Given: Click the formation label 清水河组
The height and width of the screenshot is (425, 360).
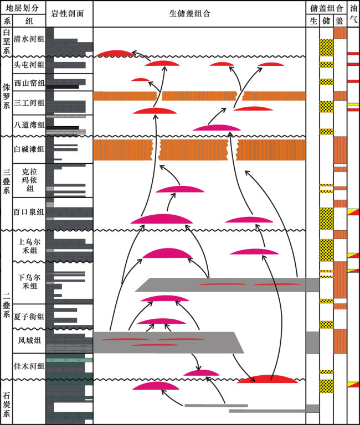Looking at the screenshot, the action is click(x=29, y=39).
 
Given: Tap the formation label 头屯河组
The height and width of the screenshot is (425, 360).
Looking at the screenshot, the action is click(x=29, y=65).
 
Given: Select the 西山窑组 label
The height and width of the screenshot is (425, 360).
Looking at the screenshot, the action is click(x=29, y=82).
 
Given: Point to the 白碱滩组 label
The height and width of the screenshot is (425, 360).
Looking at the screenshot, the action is click(x=29, y=149).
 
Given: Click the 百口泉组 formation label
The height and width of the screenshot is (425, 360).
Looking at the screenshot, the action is click(x=29, y=212).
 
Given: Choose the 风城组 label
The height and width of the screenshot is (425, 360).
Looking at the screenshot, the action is click(x=29, y=340).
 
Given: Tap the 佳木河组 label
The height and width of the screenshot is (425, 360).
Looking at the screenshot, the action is click(x=29, y=366).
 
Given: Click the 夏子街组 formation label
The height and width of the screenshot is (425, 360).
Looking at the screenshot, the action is click(x=29, y=317).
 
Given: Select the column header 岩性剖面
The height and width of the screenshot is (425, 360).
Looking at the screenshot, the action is click(x=67, y=13).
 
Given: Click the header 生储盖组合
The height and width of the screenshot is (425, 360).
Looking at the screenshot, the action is click(x=190, y=13).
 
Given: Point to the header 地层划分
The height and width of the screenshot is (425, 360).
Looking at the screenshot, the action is click(x=22, y=8).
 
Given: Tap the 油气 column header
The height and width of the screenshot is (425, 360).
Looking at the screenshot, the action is click(x=353, y=13).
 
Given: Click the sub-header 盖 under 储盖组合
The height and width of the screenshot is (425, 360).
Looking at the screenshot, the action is click(x=339, y=21).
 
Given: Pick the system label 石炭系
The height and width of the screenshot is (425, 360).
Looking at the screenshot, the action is click(x=7, y=404).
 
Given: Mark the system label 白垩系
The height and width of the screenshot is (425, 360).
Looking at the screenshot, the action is click(x=7, y=42).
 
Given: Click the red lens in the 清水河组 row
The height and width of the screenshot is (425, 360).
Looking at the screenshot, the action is click(x=115, y=53).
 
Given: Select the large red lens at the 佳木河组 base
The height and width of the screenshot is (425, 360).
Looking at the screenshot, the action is click(x=267, y=379).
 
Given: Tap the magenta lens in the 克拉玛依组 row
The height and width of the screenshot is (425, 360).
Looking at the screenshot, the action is click(x=179, y=189).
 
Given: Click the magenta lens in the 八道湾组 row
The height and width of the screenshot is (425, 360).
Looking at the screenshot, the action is click(x=217, y=128).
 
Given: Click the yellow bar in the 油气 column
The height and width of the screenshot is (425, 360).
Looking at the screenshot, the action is click(x=353, y=105).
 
